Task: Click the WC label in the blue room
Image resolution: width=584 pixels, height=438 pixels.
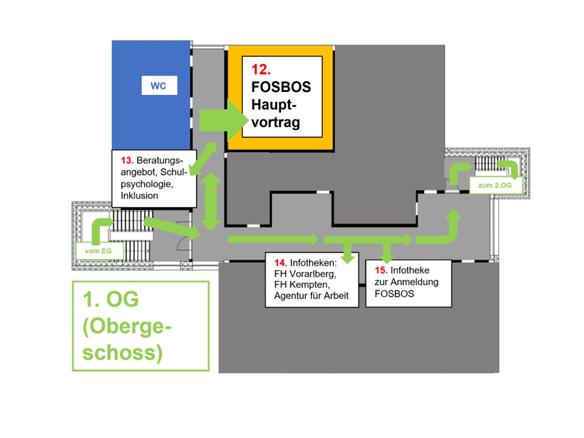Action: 158,86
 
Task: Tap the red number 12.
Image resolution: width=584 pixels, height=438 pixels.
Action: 261,70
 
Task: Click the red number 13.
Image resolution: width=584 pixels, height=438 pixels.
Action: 127,161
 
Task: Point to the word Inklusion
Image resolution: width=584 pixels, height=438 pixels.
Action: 139,195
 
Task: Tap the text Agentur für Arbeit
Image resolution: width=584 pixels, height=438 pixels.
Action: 307,296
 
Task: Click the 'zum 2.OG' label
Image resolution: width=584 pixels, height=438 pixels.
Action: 493,184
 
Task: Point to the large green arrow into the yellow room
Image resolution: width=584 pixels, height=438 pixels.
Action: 219,120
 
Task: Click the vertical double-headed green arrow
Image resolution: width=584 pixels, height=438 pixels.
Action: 210,201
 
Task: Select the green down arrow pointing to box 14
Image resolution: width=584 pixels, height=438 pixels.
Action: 347,251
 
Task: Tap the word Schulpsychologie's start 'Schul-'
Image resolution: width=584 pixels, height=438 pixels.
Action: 169,172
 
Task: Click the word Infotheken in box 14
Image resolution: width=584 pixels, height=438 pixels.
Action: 315,263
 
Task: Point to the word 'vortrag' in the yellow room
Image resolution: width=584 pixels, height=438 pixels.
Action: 276,122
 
